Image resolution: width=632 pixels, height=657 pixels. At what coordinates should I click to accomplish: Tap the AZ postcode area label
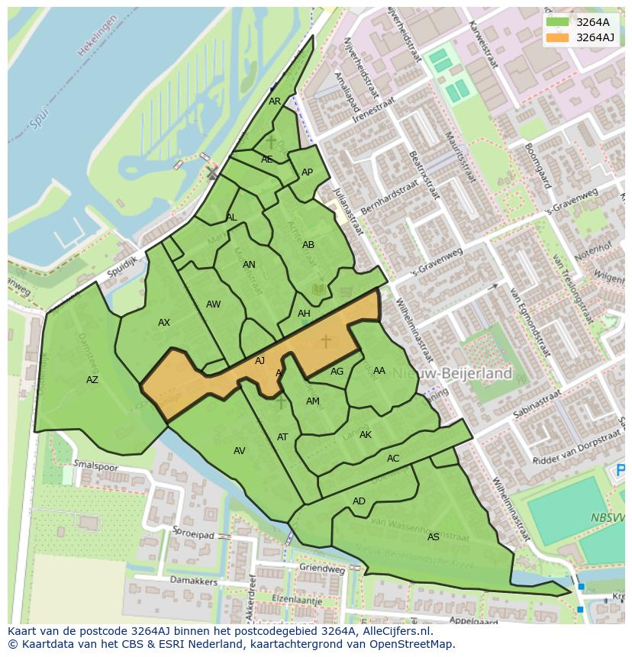92,380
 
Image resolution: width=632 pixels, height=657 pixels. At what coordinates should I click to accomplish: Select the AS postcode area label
434,537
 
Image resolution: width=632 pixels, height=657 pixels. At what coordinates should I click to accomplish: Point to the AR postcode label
275,101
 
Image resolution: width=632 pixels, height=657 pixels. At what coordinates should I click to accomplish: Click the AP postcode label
307,172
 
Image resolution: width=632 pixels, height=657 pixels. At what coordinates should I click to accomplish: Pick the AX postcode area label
164,323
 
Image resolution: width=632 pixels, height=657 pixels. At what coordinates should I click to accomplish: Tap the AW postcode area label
213,304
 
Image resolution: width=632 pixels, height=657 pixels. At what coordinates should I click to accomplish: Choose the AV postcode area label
240,451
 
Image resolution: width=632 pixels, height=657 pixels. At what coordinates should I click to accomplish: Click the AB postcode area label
308,245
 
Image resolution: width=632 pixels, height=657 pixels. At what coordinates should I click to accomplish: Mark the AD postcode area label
359,501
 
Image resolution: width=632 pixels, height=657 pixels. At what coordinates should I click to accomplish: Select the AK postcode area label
366,435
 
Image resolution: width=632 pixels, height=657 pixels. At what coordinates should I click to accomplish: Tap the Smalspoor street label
95,465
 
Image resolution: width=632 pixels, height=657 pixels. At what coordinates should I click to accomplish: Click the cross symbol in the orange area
326,342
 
